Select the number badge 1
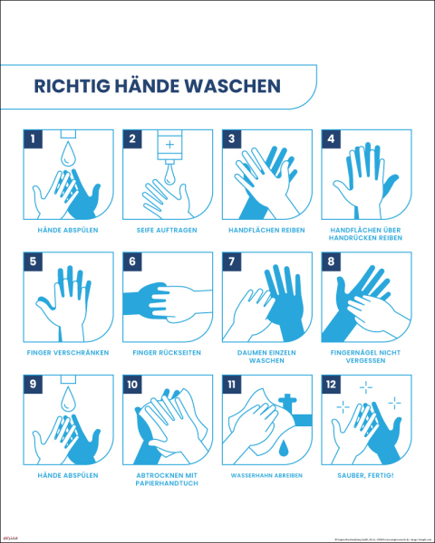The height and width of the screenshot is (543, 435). (34, 139)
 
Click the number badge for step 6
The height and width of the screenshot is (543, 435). (133, 262)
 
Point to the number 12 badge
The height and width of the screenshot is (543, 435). (333, 384)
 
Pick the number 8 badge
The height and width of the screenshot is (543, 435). (333, 262)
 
